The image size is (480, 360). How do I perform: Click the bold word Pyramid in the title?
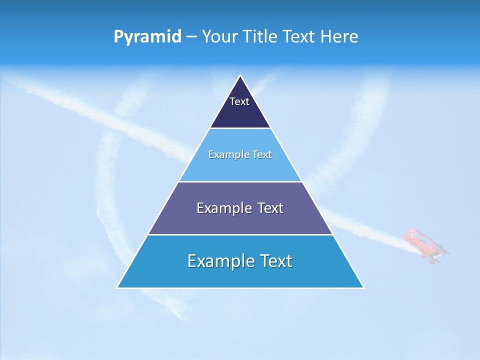(147, 37)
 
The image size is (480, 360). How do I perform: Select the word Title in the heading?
(260, 37)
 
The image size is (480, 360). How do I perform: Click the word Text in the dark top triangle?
(239, 101)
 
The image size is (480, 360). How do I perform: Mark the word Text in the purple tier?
(269, 208)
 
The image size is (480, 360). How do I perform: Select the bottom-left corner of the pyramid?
(117, 287)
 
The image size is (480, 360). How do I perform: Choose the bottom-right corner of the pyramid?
(363, 287)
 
